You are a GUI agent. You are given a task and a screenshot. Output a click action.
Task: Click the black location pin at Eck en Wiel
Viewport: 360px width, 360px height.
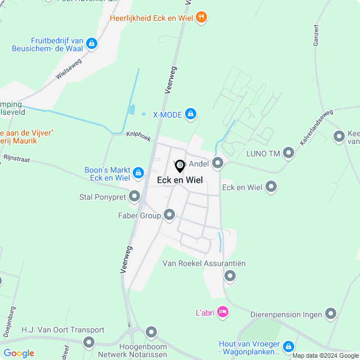pos(180,166)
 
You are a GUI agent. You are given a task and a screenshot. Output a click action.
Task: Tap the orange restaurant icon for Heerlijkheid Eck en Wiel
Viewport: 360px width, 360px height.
pos(201,17)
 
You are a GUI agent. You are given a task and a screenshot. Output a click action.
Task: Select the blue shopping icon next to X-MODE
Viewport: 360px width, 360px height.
pos(191,114)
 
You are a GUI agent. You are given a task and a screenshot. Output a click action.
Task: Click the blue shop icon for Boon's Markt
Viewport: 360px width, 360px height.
pos(138,173)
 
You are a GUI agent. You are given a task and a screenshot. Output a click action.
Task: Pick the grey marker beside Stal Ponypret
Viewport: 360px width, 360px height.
pos(134,196)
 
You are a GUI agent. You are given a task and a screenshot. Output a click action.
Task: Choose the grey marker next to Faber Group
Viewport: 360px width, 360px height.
pos(169,214)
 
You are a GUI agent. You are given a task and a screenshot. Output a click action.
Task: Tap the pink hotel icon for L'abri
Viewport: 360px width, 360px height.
pos(223,312)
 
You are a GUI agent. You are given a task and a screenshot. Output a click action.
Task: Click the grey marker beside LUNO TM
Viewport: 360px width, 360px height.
pos(289,152)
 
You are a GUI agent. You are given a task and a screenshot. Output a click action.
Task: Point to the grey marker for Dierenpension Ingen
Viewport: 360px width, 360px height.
pos(330,314)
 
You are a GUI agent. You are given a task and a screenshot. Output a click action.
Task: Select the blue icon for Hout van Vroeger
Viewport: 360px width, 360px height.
pos(289,346)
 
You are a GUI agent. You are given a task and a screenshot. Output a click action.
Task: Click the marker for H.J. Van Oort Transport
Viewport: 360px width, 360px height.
pos(88,341)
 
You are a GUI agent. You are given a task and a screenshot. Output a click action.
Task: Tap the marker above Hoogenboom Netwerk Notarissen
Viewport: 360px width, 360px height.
pos(151,332)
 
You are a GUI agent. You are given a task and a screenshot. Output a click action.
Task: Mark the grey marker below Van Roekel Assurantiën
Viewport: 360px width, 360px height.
pos(229,276)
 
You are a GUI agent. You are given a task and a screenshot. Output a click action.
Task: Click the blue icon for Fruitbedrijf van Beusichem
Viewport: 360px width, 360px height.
pos(92,43)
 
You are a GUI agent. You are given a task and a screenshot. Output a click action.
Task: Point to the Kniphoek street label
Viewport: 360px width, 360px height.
pos(138,135)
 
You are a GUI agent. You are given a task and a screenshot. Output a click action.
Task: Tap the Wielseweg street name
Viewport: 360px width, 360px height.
pos(69,69)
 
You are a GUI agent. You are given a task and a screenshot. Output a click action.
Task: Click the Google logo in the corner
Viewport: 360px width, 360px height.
pos(19,353)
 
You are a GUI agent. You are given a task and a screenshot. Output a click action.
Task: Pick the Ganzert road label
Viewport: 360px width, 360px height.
pos(317,37)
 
